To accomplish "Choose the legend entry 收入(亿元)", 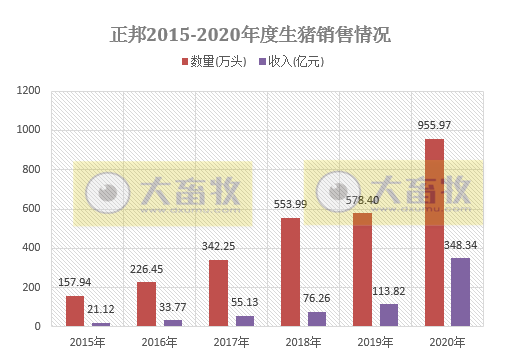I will click(x=292, y=62).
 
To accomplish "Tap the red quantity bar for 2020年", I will click(x=434, y=232).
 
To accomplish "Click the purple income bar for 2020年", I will click(x=460, y=291).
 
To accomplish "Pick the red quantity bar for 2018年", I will click(x=290, y=271).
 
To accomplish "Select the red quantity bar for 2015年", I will click(x=75, y=310).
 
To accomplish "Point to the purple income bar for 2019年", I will click(x=388, y=314).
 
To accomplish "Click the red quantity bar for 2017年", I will click(x=218, y=292).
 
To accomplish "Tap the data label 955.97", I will click(x=434, y=126).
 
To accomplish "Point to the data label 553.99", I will click(x=290, y=205).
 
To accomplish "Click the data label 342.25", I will click(x=218, y=246).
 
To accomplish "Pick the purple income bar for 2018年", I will click(x=317, y=318).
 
